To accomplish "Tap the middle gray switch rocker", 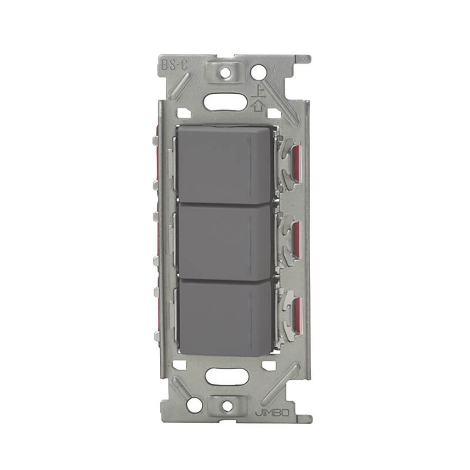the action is [x=225, y=241].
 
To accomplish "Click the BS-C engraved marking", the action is [x=174, y=65].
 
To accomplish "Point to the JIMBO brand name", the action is [x=272, y=413].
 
